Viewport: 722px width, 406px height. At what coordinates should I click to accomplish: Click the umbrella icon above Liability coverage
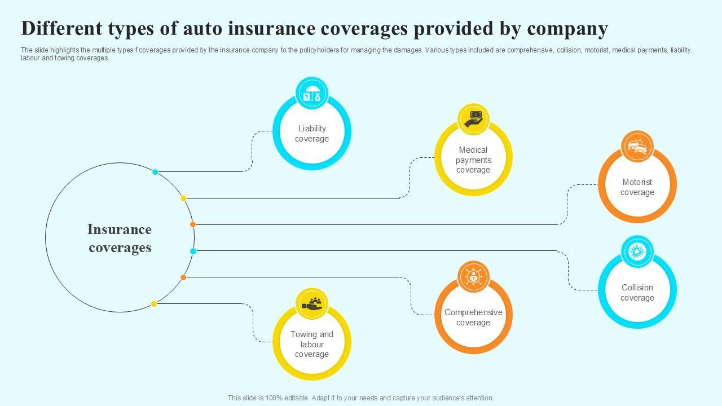312,94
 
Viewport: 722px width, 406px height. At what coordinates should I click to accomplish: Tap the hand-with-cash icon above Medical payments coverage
473,119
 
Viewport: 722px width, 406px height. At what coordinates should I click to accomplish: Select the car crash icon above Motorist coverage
637,147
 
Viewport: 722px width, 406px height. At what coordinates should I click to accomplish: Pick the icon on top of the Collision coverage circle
637,252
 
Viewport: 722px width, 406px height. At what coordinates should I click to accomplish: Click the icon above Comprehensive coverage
473,277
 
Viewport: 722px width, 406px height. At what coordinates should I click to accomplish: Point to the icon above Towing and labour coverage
312,304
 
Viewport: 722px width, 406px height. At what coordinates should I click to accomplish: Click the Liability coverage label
312,134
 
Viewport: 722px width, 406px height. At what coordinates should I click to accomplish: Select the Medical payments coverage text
473,160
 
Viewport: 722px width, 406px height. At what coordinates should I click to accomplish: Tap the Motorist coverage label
637,187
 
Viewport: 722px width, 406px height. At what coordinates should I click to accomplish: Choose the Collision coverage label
637,293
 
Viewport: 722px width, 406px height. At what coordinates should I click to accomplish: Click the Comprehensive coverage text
473,317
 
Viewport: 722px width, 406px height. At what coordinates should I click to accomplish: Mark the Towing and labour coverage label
312,344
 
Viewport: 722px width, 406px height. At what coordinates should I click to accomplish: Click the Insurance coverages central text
120,238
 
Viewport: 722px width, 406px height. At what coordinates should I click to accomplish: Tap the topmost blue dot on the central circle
155,172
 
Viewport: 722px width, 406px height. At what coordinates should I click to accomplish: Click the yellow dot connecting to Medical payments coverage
183,198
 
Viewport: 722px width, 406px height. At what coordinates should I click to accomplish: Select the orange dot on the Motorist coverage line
193,224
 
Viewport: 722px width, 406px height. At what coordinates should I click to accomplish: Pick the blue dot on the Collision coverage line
193,251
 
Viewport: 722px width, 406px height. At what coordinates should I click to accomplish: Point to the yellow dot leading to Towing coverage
154,304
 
